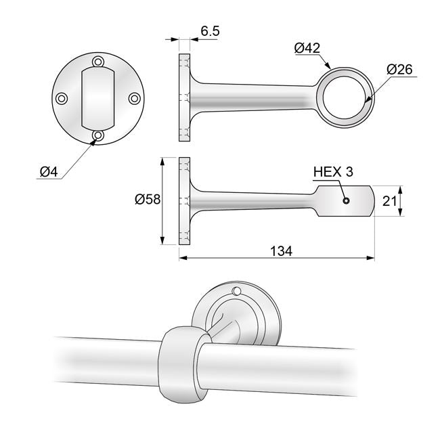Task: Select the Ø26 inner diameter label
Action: point(400,69)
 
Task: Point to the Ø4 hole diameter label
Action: point(48,172)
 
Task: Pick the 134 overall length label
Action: point(281,251)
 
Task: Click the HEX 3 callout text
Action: point(333,172)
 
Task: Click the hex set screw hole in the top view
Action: point(346,201)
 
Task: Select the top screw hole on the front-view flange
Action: point(99,62)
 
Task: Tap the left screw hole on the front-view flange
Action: point(62,99)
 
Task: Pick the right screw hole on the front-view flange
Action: point(134,99)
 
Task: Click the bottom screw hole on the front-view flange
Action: point(99,135)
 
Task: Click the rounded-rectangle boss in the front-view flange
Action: point(99,98)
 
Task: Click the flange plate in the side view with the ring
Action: point(185,98)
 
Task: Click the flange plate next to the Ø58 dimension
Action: point(185,201)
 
